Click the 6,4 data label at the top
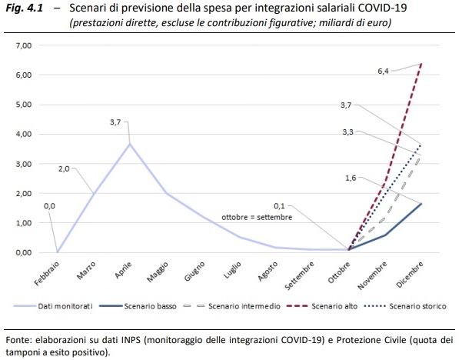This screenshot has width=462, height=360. point(384,71)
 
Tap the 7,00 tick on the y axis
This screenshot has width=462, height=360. point(23,46)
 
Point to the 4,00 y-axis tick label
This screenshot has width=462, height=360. point(23,135)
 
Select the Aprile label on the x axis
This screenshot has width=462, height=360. point(124,272)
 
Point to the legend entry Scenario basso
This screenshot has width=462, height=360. point(150,305)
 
